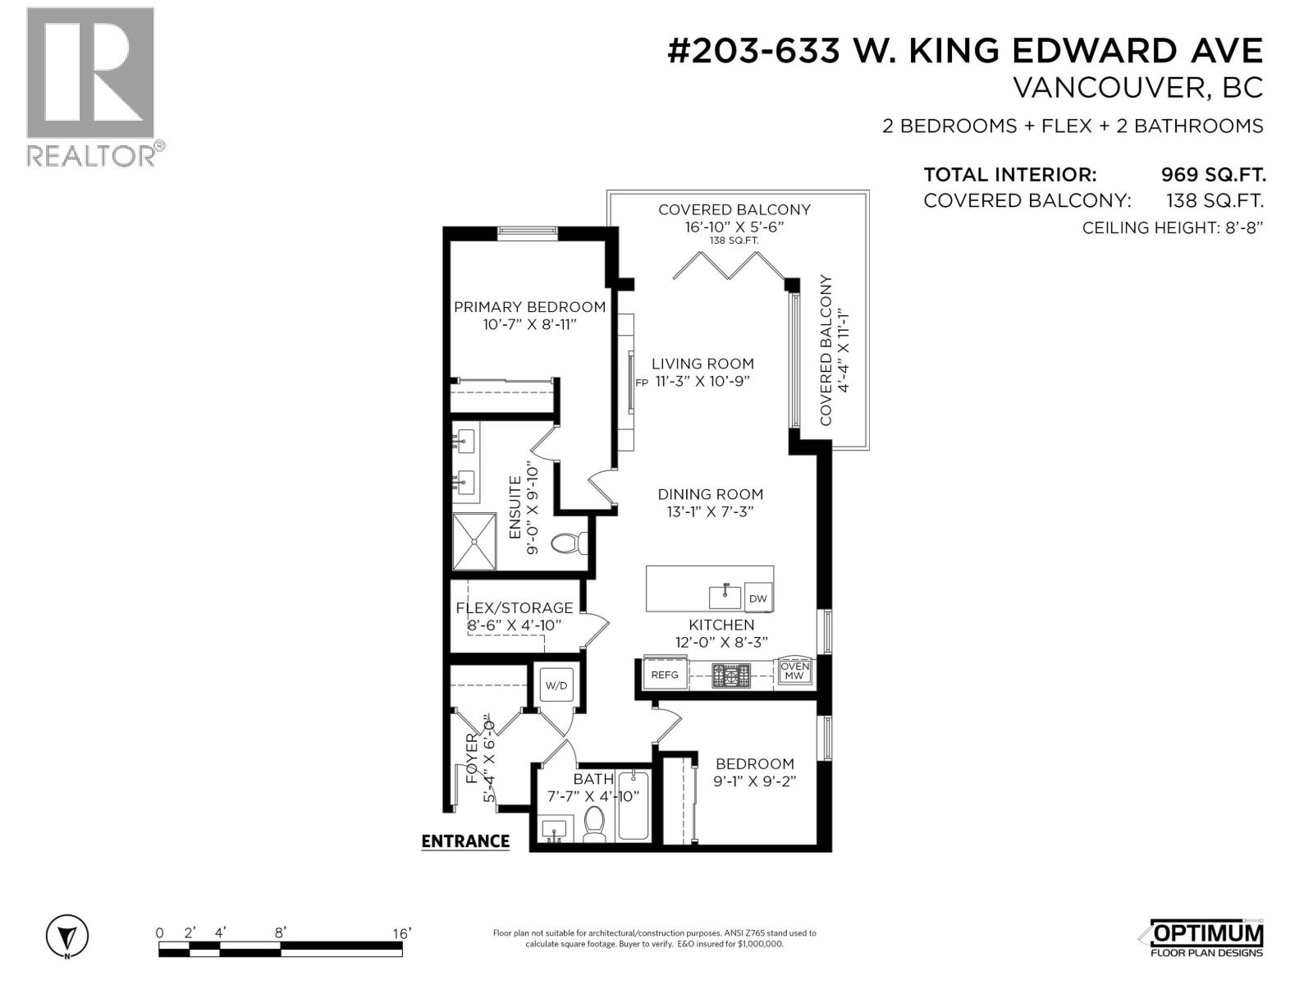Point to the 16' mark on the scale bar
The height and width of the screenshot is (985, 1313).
(401, 933)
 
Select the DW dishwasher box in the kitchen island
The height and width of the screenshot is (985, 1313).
(757, 598)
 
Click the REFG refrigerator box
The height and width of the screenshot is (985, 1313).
(665, 675)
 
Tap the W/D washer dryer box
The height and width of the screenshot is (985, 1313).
(556, 685)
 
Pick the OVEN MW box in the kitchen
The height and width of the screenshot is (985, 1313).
(794, 671)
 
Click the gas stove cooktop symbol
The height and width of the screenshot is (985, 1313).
(731, 676)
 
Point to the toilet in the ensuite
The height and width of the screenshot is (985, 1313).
(569, 543)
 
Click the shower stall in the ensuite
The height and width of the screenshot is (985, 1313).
(474, 541)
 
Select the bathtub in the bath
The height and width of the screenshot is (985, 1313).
(633, 806)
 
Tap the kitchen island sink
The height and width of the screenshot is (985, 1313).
(725, 597)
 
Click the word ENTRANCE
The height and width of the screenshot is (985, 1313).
(465, 841)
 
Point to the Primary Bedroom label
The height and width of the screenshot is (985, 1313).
(529, 307)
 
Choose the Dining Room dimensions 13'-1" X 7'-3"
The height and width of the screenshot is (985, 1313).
(710, 512)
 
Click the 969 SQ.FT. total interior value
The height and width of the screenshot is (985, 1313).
(1213, 175)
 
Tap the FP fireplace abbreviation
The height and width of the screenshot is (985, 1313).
(641, 383)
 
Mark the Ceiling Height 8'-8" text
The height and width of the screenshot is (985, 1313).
(1173, 228)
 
